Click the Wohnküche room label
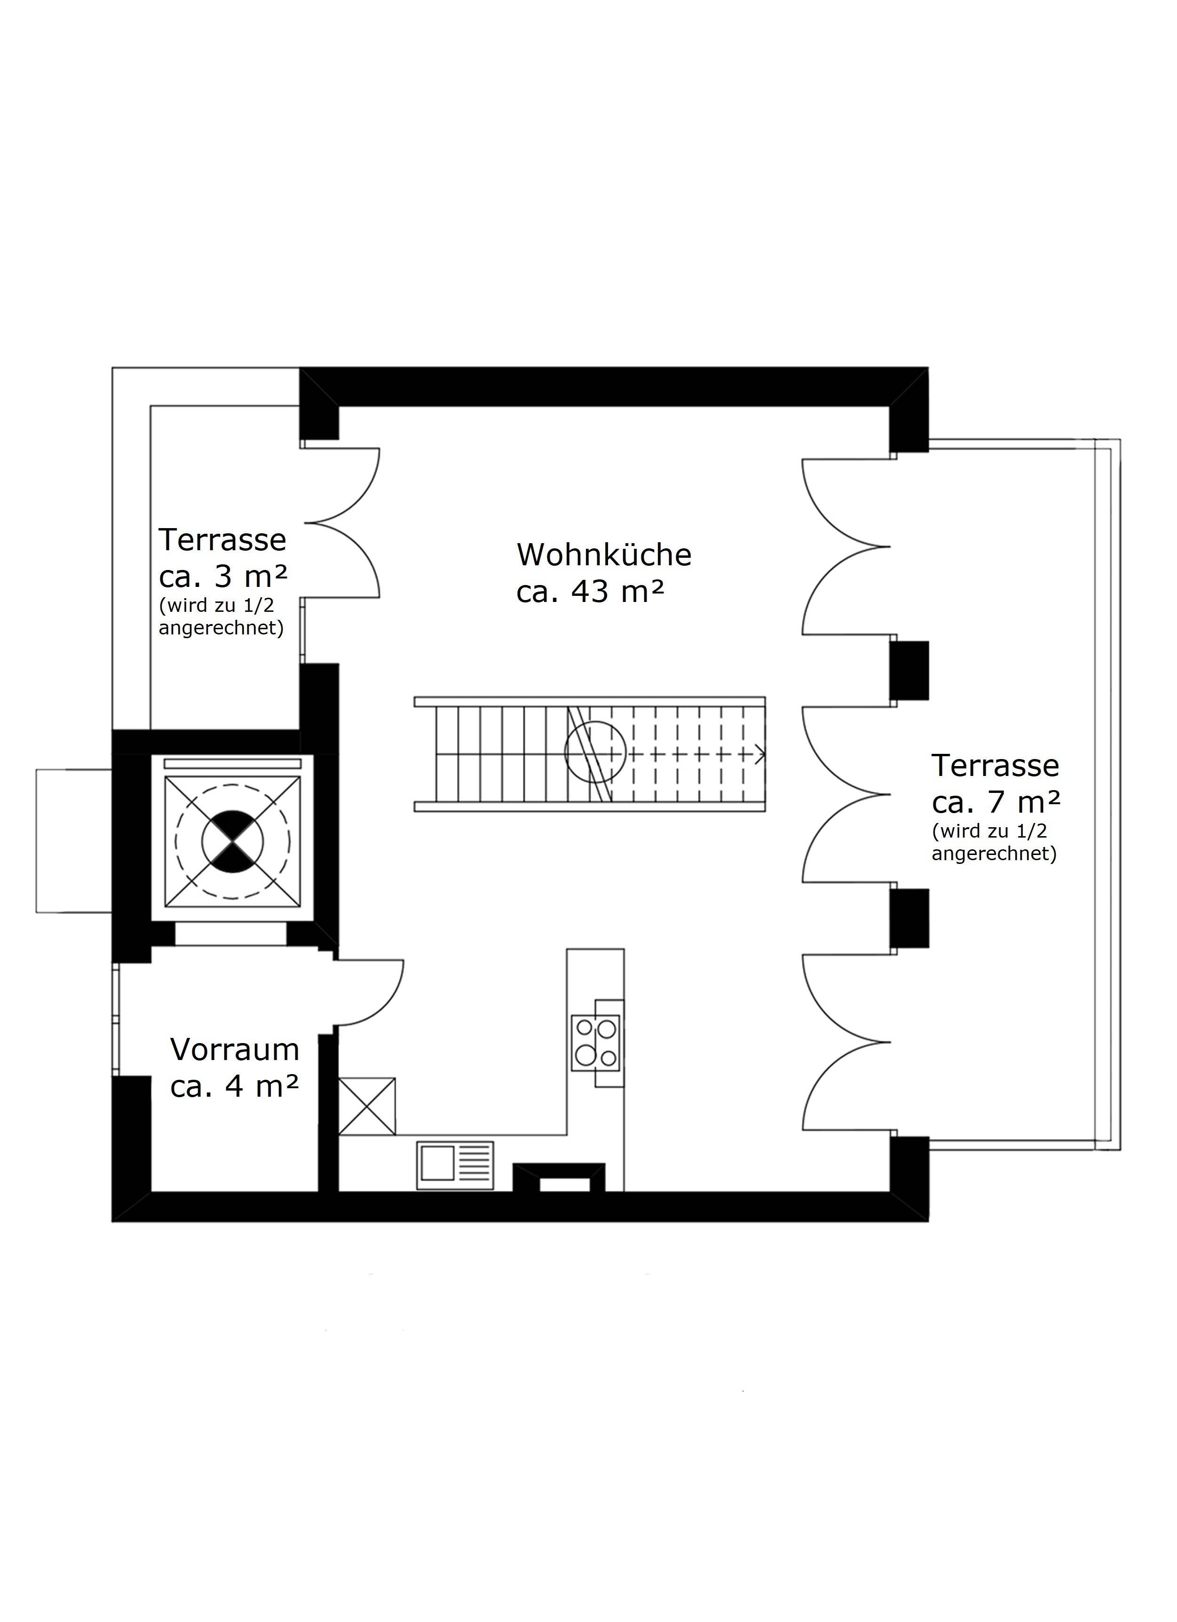pyautogui.click(x=604, y=555)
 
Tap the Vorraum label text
pyautogui.click(x=235, y=1050)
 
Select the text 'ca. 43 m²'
pyautogui.click(x=591, y=592)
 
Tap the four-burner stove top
pyautogui.click(x=596, y=1043)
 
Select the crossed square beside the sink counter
pyautogui.click(x=367, y=1107)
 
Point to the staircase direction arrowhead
pyautogui.click(x=761, y=754)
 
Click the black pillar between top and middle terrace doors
pyautogui.click(x=909, y=670)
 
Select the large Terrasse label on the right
pyautogui.click(x=995, y=766)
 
